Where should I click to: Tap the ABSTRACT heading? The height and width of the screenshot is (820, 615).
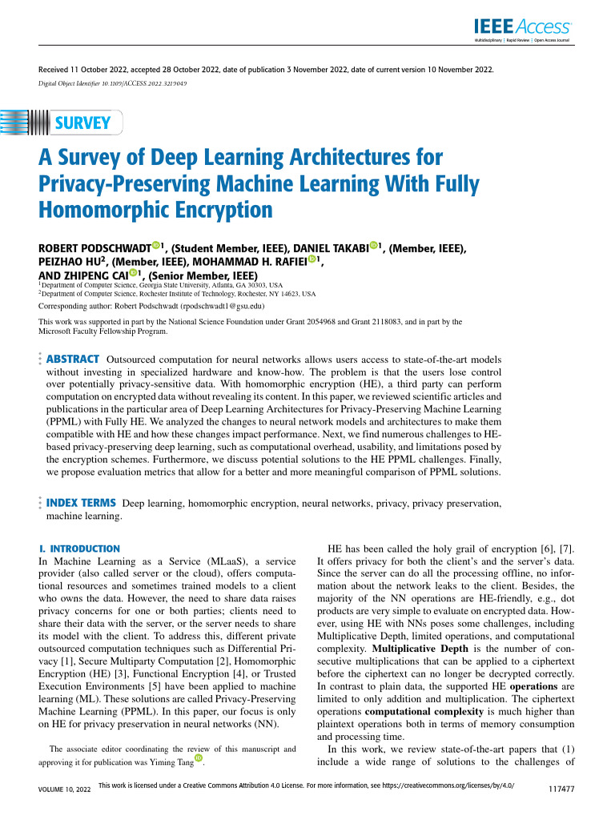tap(74, 360)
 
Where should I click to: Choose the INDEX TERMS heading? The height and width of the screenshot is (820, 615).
tap(81, 503)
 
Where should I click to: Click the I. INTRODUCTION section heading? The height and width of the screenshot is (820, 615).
tap(79, 549)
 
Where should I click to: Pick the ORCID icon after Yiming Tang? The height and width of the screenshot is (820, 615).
tap(198, 760)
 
